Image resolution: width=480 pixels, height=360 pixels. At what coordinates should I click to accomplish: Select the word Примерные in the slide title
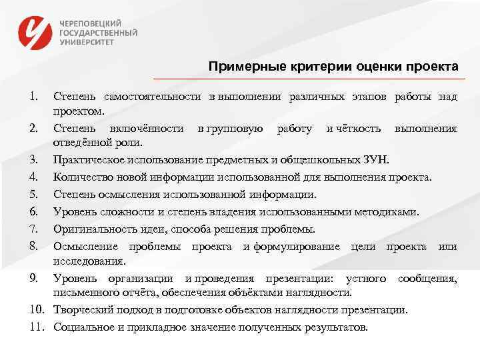coord(241,67)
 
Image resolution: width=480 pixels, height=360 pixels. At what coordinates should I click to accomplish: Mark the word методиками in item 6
coord(389,212)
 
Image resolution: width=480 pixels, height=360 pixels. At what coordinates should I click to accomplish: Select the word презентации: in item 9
coord(300,277)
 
